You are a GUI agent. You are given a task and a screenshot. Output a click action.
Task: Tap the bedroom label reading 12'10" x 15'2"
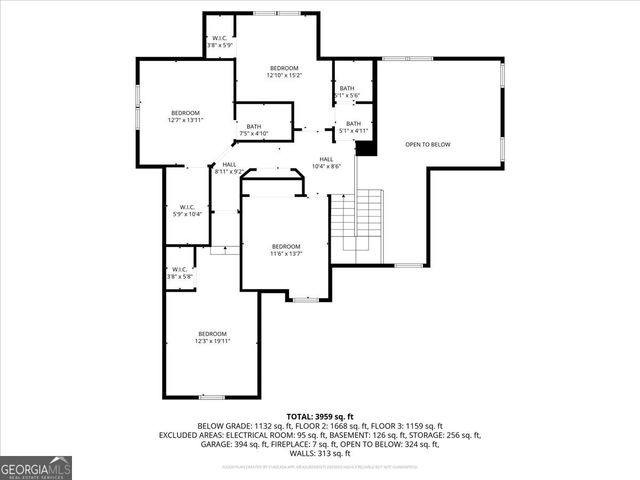(x=284, y=71)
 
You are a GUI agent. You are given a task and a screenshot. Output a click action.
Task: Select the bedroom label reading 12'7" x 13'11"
(x=185, y=116)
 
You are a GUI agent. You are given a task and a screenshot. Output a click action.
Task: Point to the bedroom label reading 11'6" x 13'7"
(x=285, y=250)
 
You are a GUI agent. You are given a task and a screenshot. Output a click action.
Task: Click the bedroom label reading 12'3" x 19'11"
(x=212, y=337)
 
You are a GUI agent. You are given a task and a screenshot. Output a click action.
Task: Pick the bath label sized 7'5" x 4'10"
(x=254, y=130)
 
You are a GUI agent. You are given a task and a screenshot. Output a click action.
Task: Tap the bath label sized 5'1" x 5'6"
(x=347, y=91)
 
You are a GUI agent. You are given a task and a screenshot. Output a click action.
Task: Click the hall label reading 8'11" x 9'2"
(x=229, y=168)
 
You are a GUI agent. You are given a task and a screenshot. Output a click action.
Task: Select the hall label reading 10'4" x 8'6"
(x=326, y=163)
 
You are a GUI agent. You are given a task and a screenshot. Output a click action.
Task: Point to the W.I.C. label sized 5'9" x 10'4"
(x=187, y=211)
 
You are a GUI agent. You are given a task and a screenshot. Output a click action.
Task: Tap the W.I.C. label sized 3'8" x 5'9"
(x=219, y=41)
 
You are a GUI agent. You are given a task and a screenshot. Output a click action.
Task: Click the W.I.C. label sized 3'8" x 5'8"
(x=180, y=272)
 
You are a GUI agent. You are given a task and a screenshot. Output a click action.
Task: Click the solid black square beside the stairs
(x=366, y=147)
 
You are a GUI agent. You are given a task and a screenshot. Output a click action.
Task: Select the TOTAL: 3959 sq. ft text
(x=320, y=416)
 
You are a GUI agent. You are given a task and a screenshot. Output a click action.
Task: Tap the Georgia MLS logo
(x=36, y=467)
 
